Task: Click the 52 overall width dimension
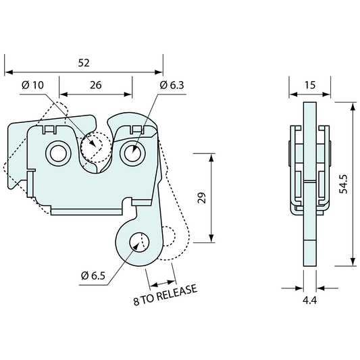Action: [x=84, y=63]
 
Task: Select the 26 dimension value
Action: [x=95, y=85]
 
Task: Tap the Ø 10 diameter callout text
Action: [x=32, y=85]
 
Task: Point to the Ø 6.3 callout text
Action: [x=172, y=85]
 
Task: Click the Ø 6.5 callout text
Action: [x=93, y=276]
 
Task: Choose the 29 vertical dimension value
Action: [x=202, y=198]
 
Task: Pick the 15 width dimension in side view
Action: [x=310, y=85]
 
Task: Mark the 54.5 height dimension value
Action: [x=344, y=184]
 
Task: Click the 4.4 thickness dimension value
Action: [x=309, y=301]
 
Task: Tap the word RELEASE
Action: [x=177, y=292]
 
